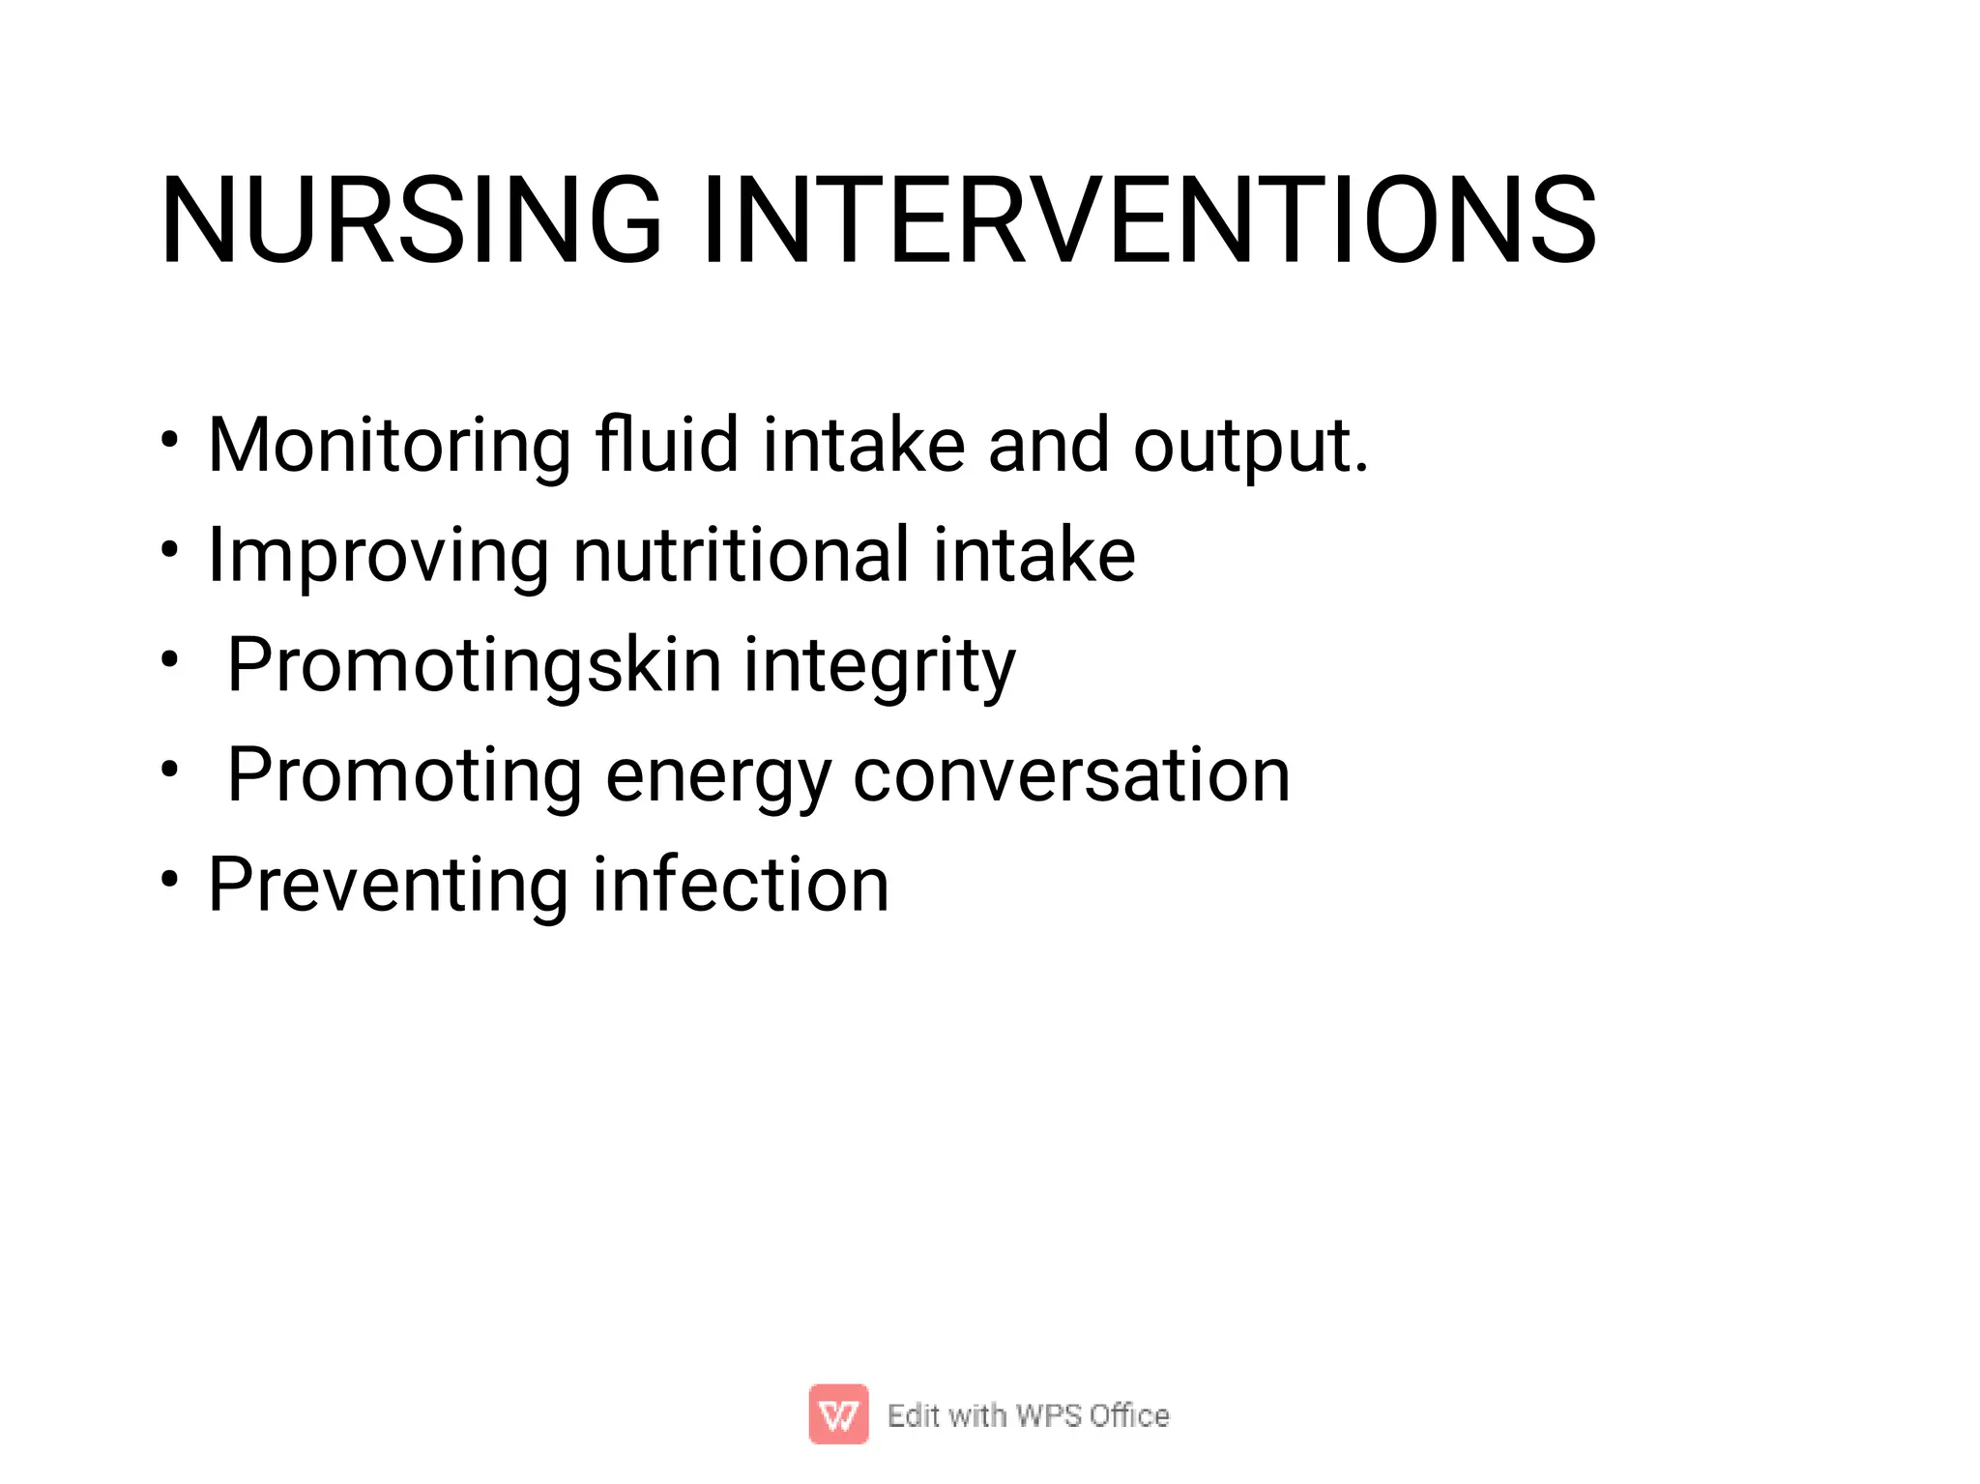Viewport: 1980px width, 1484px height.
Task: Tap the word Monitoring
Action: tap(390, 446)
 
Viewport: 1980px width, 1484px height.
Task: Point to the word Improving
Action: tap(378, 557)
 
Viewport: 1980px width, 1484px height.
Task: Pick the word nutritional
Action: tap(741, 555)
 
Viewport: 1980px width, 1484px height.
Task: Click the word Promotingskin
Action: tap(474, 667)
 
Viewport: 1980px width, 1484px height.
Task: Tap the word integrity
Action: tap(879, 667)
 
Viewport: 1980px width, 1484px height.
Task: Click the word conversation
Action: tap(1071, 776)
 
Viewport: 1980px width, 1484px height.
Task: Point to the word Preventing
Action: tap(388, 887)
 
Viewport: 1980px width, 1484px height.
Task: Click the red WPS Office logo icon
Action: tap(838, 1414)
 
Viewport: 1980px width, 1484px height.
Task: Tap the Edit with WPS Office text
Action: tap(1028, 1415)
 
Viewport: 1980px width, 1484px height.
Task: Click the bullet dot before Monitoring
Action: tap(170, 440)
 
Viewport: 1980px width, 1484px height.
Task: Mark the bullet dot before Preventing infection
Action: tap(170, 880)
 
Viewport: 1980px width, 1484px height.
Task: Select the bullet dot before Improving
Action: tap(170, 550)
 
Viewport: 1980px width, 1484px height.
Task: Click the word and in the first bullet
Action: tap(1048, 445)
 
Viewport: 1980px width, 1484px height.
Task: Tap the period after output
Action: tap(1361, 469)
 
